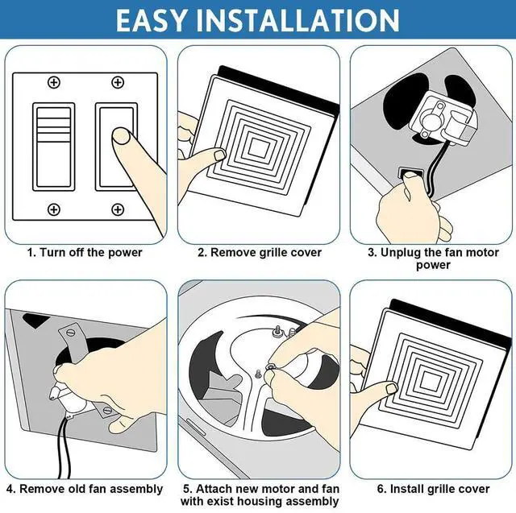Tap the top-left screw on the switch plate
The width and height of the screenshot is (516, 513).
[x=54, y=82]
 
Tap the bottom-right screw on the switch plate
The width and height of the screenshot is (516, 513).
[x=118, y=209]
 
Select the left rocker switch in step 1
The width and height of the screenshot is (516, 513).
[x=54, y=147]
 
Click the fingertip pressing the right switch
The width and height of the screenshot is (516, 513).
[x=121, y=136]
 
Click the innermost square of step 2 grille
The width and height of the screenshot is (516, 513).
[x=258, y=147]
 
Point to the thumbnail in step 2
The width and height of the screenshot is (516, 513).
[x=219, y=155]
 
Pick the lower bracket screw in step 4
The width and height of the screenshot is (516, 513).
[x=107, y=410]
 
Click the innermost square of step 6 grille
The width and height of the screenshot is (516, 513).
[x=430, y=381]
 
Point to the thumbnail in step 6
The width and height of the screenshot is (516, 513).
[x=392, y=389]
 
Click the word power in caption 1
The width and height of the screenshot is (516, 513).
[x=125, y=253]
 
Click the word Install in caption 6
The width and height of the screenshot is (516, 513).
[x=407, y=489]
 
